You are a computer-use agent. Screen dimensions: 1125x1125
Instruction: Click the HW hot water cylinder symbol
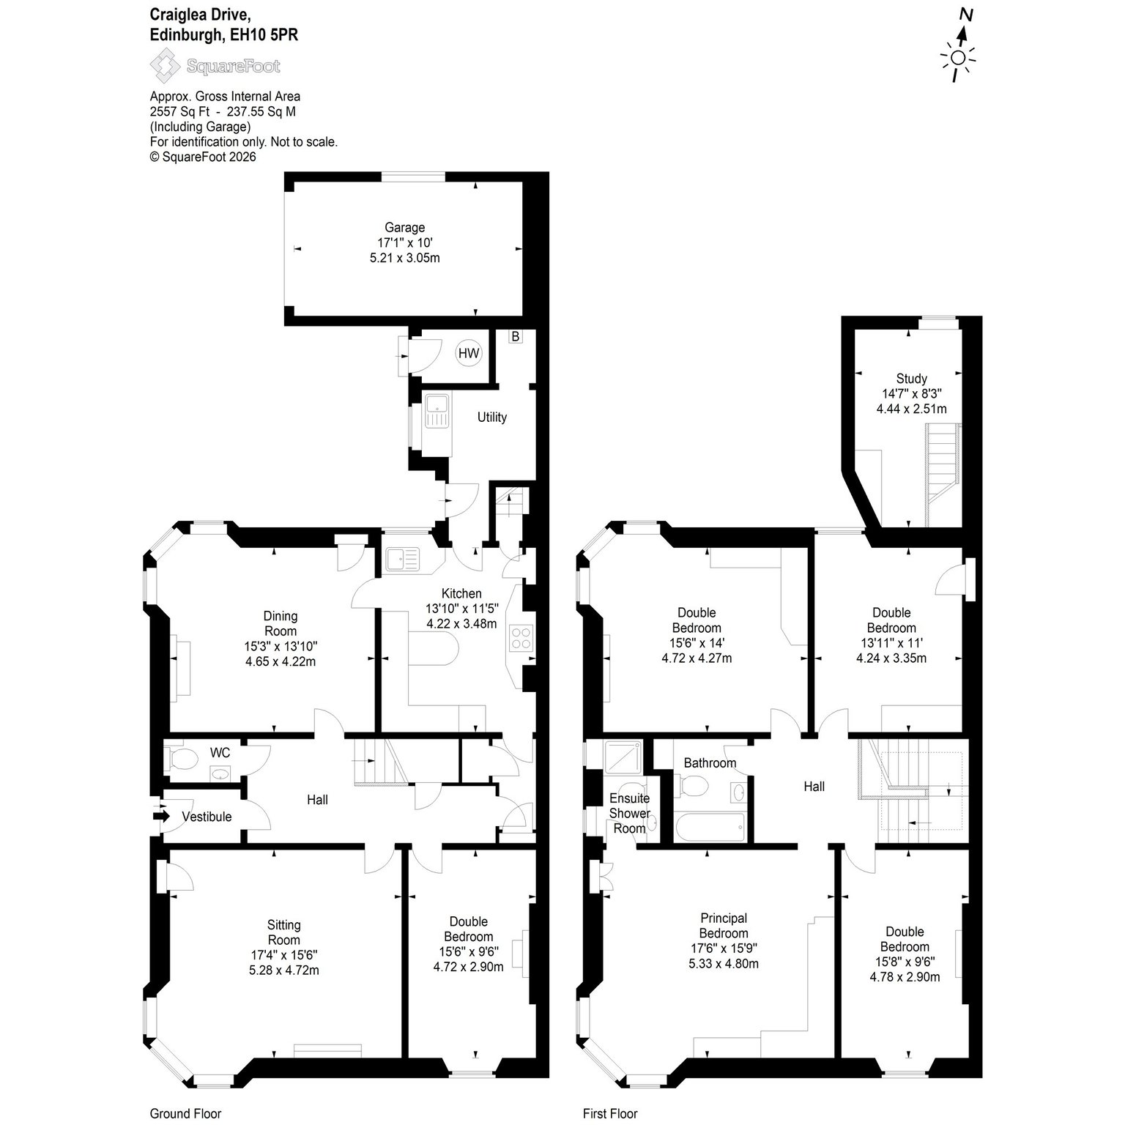pyautogui.click(x=469, y=353)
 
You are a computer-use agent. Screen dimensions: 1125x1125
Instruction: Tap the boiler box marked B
pyautogui.click(x=516, y=337)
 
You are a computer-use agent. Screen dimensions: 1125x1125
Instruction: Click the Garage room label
pyautogui.click(x=404, y=228)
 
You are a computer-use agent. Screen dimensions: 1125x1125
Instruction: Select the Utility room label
pyautogui.click(x=492, y=417)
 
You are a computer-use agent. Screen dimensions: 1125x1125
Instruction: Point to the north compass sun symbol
pyautogui.click(x=959, y=58)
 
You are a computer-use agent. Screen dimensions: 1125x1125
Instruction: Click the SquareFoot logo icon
pyautogui.click(x=165, y=66)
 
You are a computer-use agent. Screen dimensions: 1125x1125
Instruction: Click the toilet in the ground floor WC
pyautogui.click(x=180, y=759)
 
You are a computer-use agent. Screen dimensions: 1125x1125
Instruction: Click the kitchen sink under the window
pyautogui.click(x=403, y=560)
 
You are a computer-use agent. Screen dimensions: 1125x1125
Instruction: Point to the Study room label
pyautogui.click(x=912, y=379)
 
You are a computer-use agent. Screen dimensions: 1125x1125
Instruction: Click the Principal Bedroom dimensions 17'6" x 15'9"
pyautogui.click(x=724, y=948)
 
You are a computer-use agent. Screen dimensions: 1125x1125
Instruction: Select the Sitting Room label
pyautogui.click(x=284, y=932)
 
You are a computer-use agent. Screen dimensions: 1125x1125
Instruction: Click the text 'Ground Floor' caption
pyautogui.click(x=185, y=1113)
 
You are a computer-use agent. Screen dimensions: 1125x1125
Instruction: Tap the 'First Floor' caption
pyautogui.click(x=610, y=1113)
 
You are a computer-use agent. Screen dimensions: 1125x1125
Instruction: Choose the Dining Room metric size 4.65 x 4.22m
pyautogui.click(x=281, y=661)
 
